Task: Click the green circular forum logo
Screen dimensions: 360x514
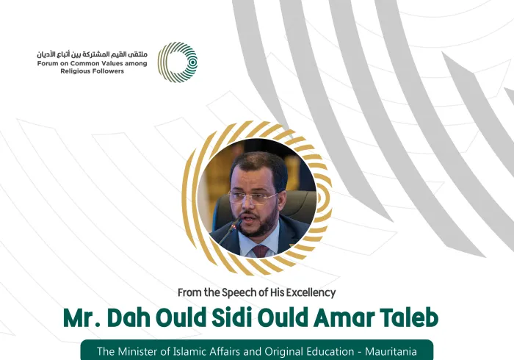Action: pyautogui.click(x=178, y=62)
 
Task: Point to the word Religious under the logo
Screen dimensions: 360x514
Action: pyautogui.click(x=77, y=71)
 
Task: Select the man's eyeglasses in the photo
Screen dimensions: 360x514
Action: pyautogui.click(x=253, y=196)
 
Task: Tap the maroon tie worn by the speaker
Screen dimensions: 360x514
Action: pyautogui.click(x=261, y=251)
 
